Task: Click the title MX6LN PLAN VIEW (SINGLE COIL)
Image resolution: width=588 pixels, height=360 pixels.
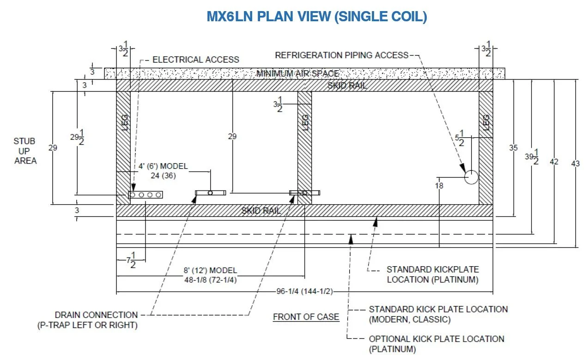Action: click(x=316, y=17)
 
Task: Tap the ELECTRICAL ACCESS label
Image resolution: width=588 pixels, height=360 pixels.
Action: click(x=196, y=60)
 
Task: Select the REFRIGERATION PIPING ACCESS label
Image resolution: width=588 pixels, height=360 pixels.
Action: click(x=342, y=55)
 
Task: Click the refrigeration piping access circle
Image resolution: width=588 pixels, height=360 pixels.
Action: click(x=471, y=177)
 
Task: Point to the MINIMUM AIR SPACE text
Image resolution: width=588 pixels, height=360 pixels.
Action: click(x=297, y=73)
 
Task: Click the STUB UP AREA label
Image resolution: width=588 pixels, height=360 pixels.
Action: click(x=24, y=151)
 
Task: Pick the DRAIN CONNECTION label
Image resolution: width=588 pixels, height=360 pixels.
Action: click(x=96, y=315)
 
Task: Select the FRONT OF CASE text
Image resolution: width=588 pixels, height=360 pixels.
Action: click(x=306, y=317)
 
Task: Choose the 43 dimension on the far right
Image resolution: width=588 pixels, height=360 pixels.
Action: click(x=575, y=164)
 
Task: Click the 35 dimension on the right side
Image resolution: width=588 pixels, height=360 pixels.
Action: click(x=513, y=148)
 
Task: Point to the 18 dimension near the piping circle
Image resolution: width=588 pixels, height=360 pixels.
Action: click(x=439, y=186)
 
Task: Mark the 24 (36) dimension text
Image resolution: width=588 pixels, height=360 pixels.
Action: click(x=163, y=176)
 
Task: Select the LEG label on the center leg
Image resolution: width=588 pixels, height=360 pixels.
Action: click(x=305, y=122)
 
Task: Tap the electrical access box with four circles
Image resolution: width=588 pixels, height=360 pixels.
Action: click(x=146, y=195)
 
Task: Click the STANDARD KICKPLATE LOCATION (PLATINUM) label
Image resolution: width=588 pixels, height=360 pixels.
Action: click(x=432, y=275)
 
